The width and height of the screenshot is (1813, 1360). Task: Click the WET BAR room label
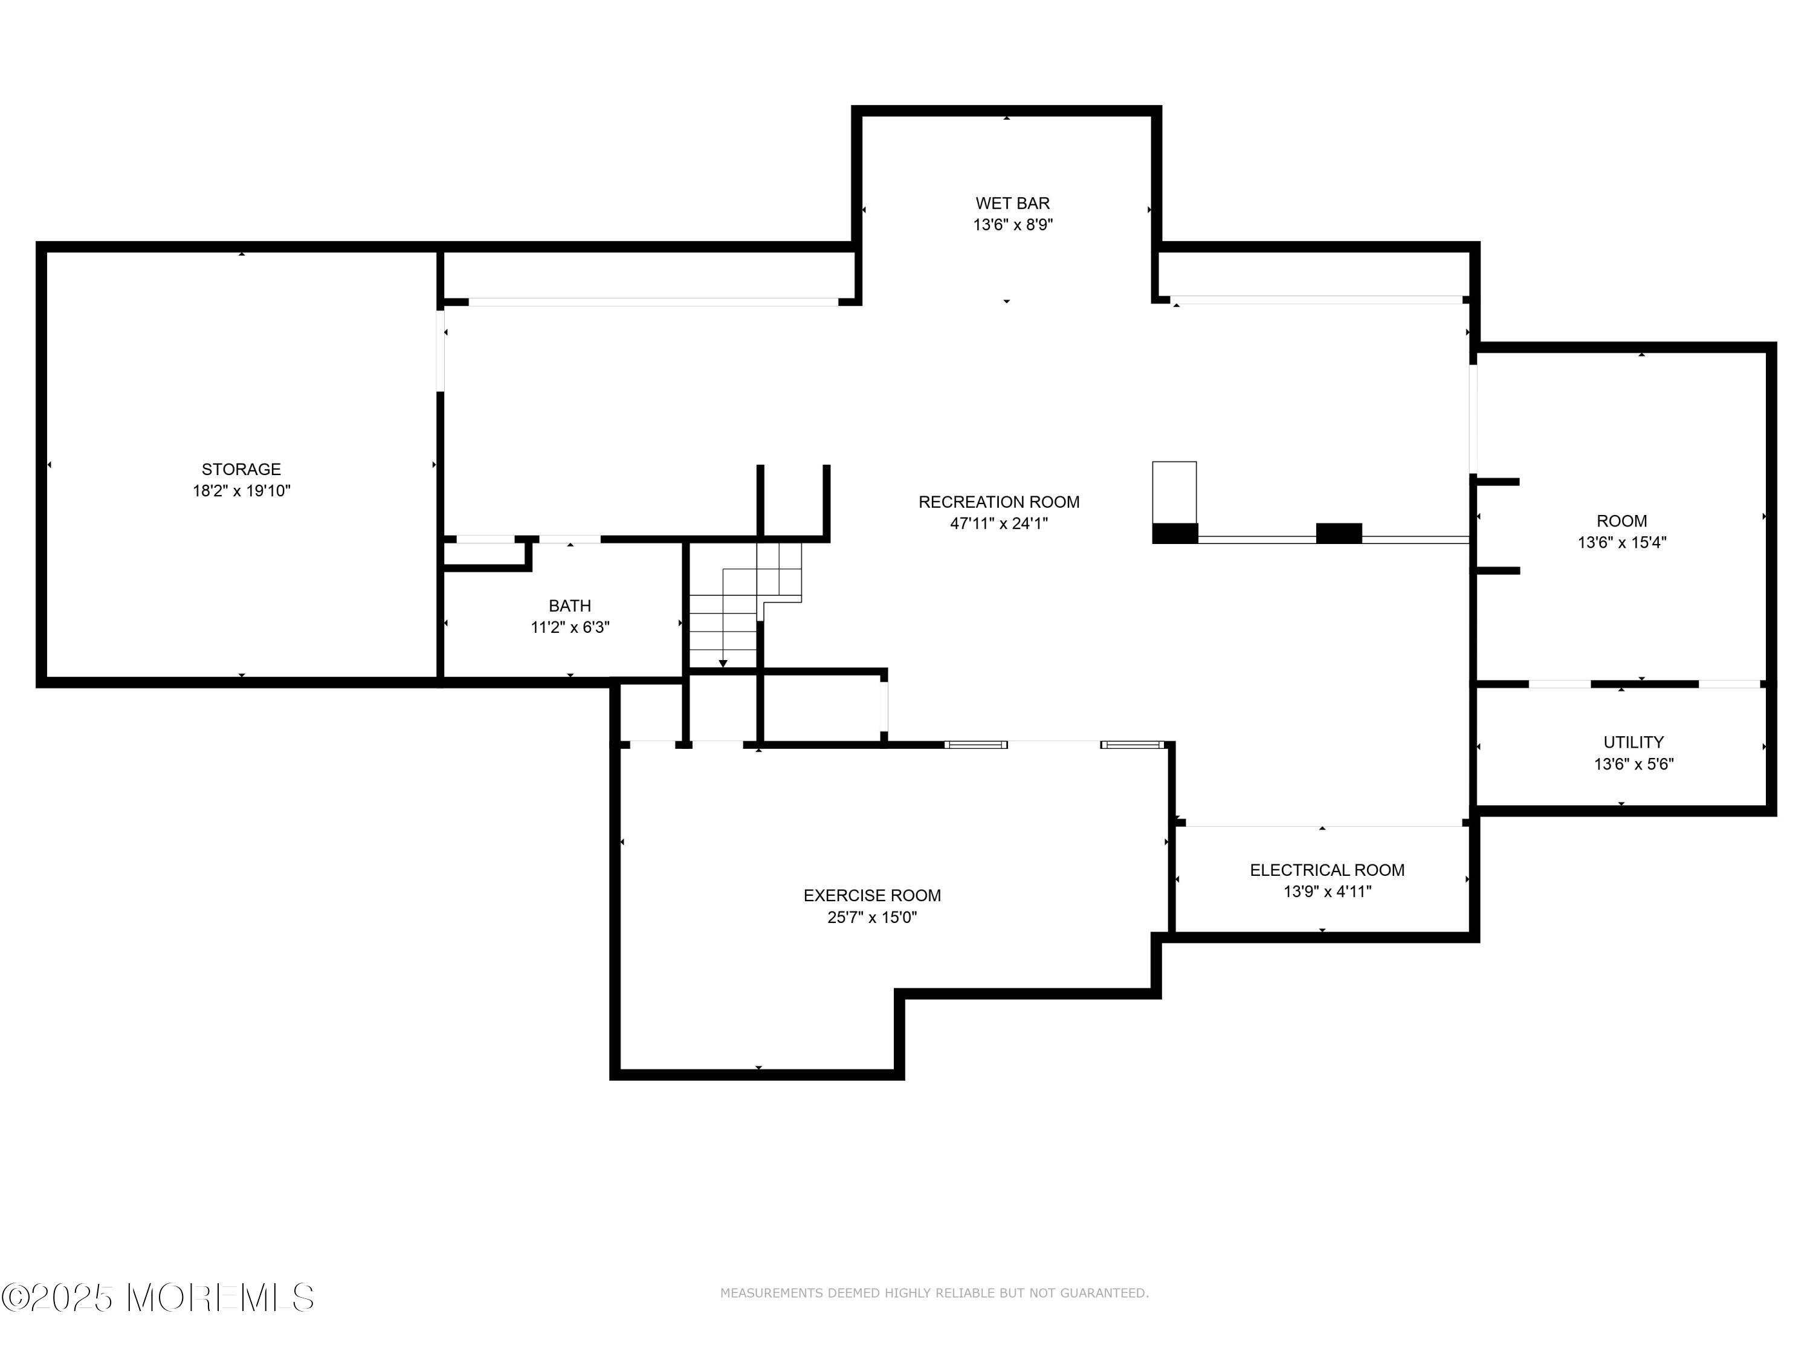tap(1012, 202)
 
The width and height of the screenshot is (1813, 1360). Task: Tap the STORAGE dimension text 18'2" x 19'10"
tap(241, 491)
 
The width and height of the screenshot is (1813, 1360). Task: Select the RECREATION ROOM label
tap(998, 502)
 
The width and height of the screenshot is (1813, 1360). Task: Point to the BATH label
tap(570, 606)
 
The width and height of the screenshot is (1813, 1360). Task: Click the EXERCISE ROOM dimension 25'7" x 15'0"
tap(871, 918)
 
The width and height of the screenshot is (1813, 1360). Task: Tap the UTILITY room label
tap(1633, 742)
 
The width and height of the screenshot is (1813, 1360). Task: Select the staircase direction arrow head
tap(723, 663)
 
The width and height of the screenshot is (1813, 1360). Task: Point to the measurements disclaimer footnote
tap(934, 1293)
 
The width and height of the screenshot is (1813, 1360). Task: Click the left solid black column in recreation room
tap(1174, 533)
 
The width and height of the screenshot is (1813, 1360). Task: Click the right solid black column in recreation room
tap(1339, 533)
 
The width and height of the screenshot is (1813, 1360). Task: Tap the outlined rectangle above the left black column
tap(1174, 492)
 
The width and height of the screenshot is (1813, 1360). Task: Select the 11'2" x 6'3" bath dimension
tap(570, 628)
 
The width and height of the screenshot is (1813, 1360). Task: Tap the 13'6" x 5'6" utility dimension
tap(1633, 764)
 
